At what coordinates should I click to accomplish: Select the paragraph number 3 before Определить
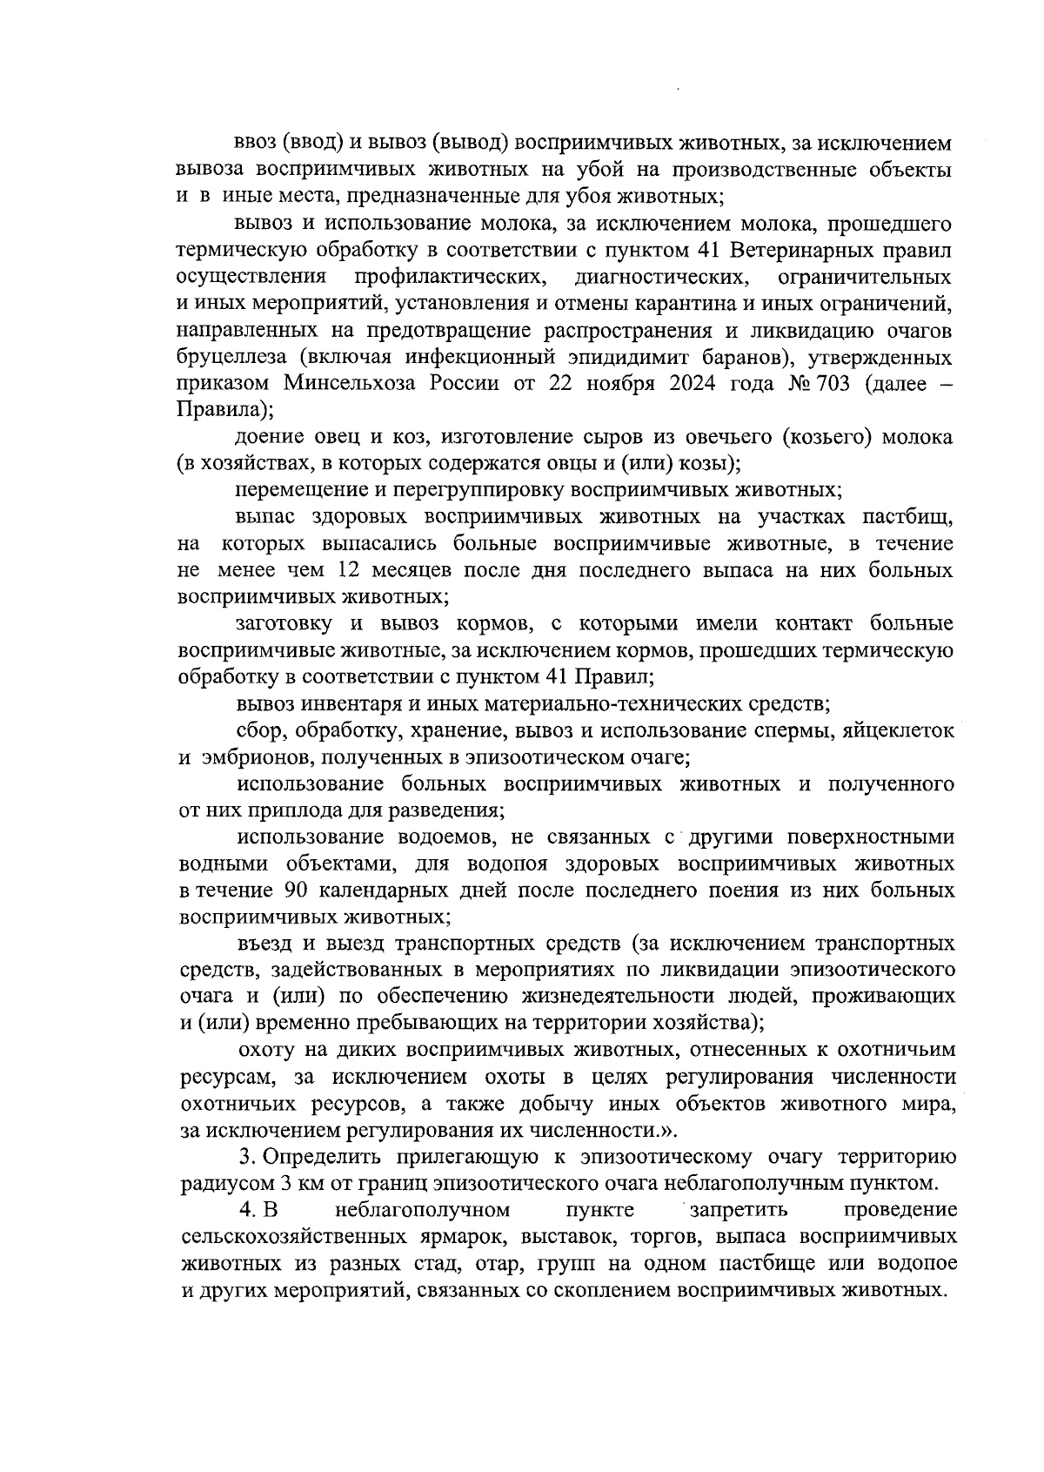click(245, 1157)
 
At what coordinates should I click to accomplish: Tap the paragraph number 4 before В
click(245, 1210)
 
